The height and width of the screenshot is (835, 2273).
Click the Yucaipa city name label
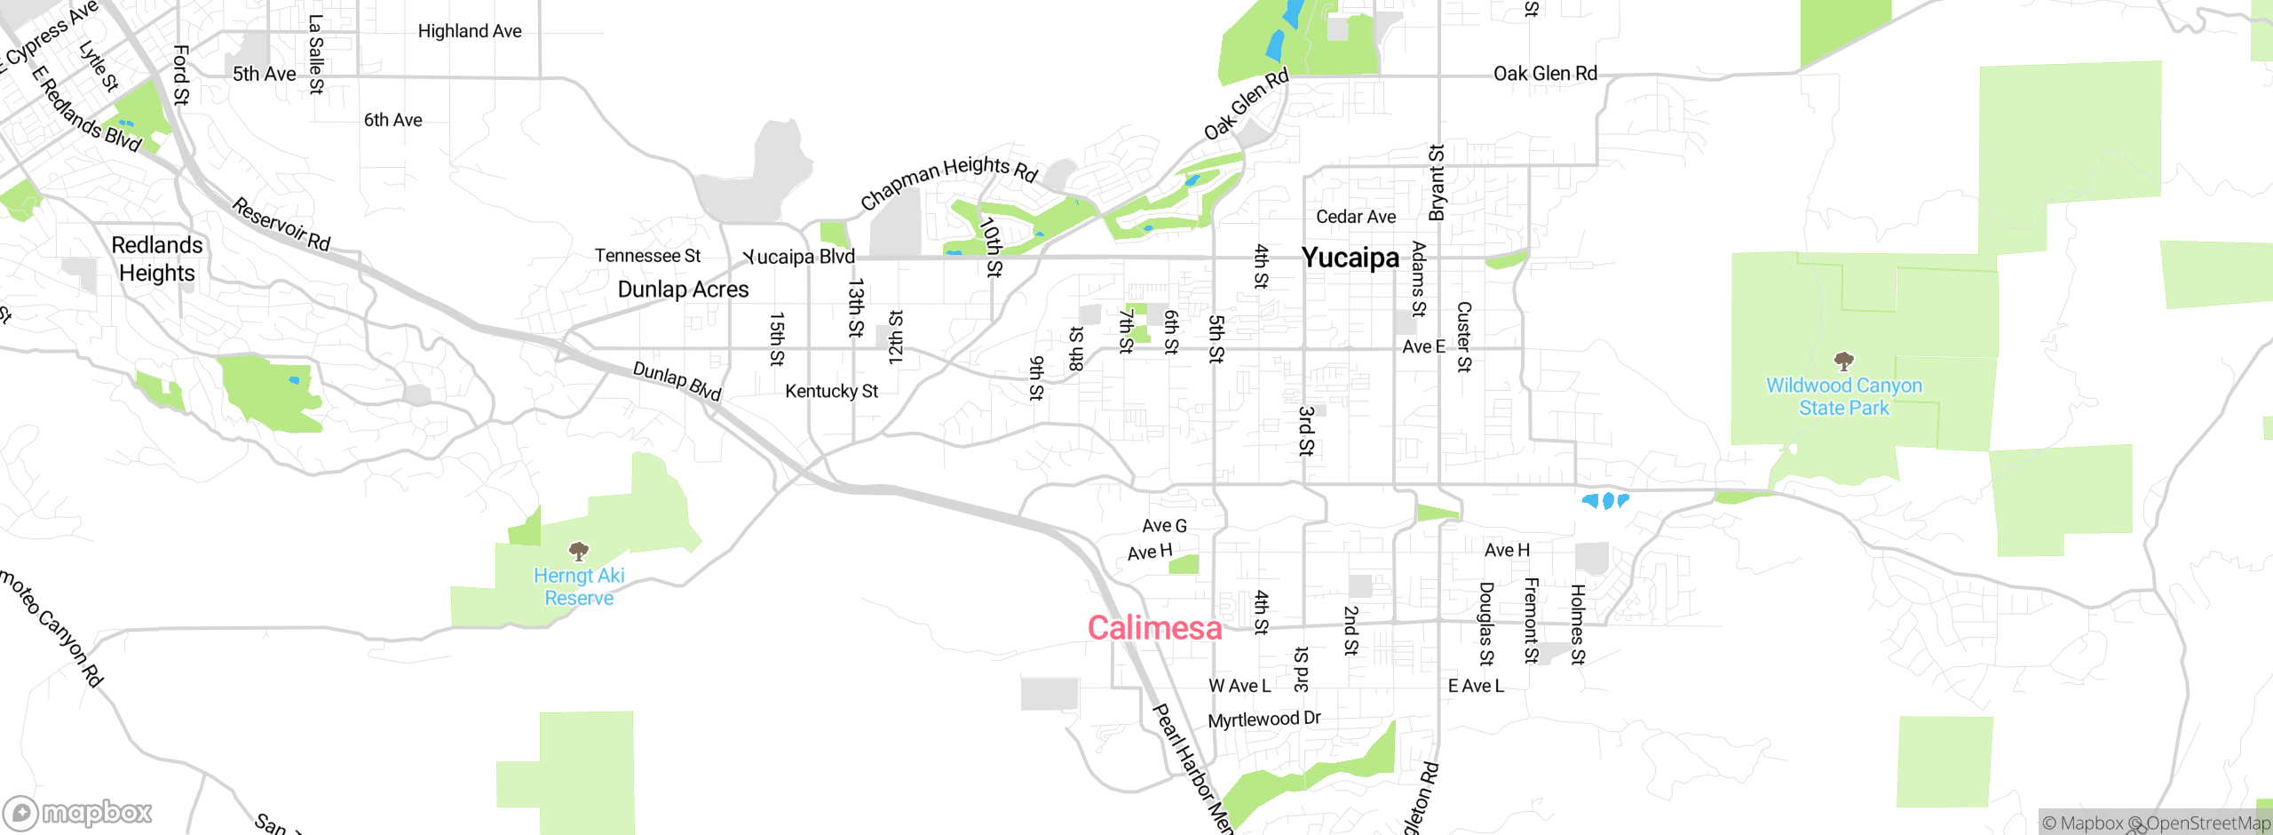(x=1350, y=258)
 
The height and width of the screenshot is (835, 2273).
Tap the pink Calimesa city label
(x=1154, y=628)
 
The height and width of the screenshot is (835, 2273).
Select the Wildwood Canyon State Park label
(x=1844, y=396)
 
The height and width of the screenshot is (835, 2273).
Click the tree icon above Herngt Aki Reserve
(x=579, y=552)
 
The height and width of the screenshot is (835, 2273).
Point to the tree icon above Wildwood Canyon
(x=1844, y=361)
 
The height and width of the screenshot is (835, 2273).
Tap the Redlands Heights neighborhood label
(x=157, y=258)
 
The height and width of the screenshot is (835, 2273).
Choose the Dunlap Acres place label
(x=683, y=290)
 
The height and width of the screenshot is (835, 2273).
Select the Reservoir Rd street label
(x=281, y=225)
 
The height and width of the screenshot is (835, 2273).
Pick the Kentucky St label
(x=831, y=391)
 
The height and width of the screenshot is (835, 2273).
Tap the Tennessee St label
(x=647, y=256)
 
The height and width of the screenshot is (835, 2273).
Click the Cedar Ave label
(x=1356, y=217)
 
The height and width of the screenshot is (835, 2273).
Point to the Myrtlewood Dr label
(x=1264, y=719)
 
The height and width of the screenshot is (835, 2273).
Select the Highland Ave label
(x=470, y=31)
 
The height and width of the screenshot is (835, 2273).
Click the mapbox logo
(x=78, y=812)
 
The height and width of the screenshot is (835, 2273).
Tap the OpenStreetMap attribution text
(x=2207, y=823)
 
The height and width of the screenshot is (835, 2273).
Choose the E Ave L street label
(x=1476, y=686)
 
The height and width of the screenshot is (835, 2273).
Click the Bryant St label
(x=1437, y=182)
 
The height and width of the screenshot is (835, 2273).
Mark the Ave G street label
(x=1164, y=526)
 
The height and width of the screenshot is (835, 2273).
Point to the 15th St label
(x=777, y=338)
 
